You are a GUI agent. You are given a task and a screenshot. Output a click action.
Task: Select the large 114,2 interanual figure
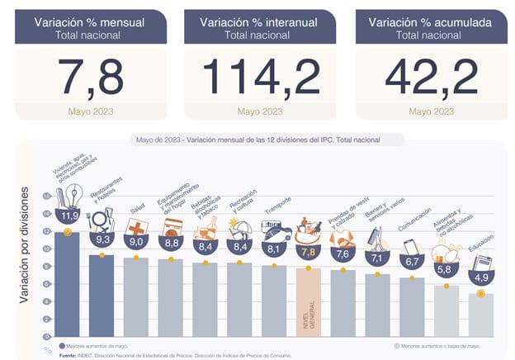[259, 77]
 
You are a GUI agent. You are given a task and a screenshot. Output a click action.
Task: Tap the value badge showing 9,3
[103, 239]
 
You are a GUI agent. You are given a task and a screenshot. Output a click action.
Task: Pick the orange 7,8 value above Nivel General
[309, 252]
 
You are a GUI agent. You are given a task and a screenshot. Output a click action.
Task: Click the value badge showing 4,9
[480, 277]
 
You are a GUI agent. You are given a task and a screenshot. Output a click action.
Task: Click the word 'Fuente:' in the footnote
[69, 355]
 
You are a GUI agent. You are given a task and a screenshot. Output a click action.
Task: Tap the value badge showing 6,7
[412, 262]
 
